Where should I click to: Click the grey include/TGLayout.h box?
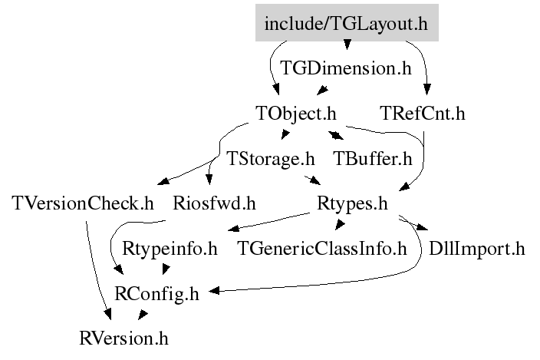click(x=346, y=24)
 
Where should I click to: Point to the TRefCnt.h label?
click(x=423, y=114)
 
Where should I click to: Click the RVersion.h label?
click(x=123, y=337)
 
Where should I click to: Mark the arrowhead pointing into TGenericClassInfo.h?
click(x=339, y=225)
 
